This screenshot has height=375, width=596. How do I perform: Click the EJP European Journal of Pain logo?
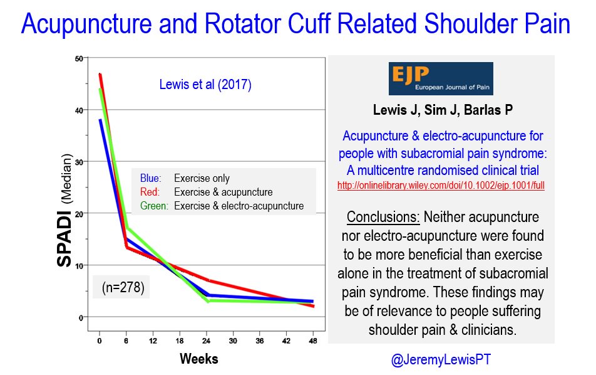tap(441, 79)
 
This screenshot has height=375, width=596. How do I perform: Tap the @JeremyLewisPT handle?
tap(441, 359)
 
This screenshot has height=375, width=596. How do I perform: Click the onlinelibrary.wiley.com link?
tap(441, 186)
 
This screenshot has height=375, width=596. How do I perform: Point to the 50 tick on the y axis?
tap(79, 59)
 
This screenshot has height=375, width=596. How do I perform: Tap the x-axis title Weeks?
tap(199, 359)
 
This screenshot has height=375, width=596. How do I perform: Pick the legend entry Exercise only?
tap(202, 178)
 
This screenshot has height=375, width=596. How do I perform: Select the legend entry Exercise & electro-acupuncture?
tap(239, 206)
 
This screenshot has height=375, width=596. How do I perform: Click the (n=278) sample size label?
tap(122, 289)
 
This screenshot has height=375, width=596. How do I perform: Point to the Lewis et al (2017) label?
tap(205, 85)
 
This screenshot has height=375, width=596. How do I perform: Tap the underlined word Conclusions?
tap(383, 217)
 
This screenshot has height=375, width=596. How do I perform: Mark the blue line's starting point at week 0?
tap(100, 120)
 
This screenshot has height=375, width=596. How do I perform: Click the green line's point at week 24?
tap(207, 301)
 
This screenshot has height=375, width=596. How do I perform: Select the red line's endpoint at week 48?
tap(314, 307)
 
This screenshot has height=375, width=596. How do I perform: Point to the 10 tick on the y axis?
tap(79, 265)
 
